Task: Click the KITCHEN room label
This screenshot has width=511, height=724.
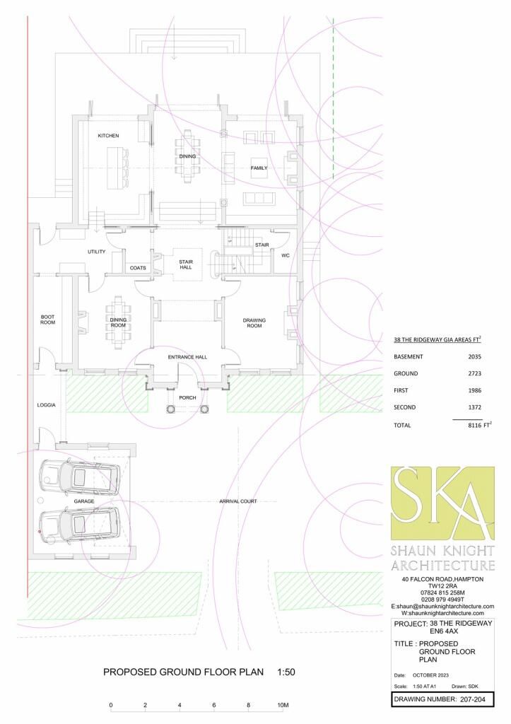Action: tap(108, 136)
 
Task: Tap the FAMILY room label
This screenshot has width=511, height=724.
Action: tap(259, 168)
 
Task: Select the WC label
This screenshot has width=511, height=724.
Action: tap(286, 255)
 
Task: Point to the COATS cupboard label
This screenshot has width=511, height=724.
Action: tap(138, 268)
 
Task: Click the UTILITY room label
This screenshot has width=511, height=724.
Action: tap(97, 252)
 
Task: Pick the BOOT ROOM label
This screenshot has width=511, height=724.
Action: tap(47, 320)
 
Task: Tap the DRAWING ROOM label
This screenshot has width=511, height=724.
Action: tap(254, 322)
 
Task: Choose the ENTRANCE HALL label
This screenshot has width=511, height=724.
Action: tap(187, 357)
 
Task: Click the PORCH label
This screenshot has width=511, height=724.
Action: tap(187, 397)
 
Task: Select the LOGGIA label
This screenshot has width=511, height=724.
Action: tap(46, 405)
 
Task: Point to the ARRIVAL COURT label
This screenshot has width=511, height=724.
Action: tap(238, 501)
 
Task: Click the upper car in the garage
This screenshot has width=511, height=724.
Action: tap(79, 476)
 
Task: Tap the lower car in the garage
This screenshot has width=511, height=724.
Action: tap(79, 525)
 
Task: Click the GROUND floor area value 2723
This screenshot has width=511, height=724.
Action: tap(474, 373)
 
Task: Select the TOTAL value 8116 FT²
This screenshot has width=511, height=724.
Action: tap(480, 425)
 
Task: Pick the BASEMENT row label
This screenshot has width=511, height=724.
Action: tap(408, 356)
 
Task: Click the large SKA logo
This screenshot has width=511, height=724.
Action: tap(442, 503)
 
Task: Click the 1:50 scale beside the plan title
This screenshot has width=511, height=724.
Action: tap(286, 672)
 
